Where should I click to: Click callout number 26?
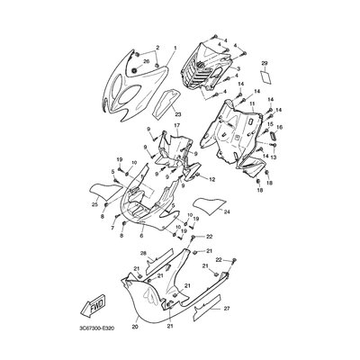(147, 62)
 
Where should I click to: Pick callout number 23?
(178, 114)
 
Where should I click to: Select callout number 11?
(253, 104)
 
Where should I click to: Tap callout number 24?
(226, 211)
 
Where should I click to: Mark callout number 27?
(227, 309)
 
